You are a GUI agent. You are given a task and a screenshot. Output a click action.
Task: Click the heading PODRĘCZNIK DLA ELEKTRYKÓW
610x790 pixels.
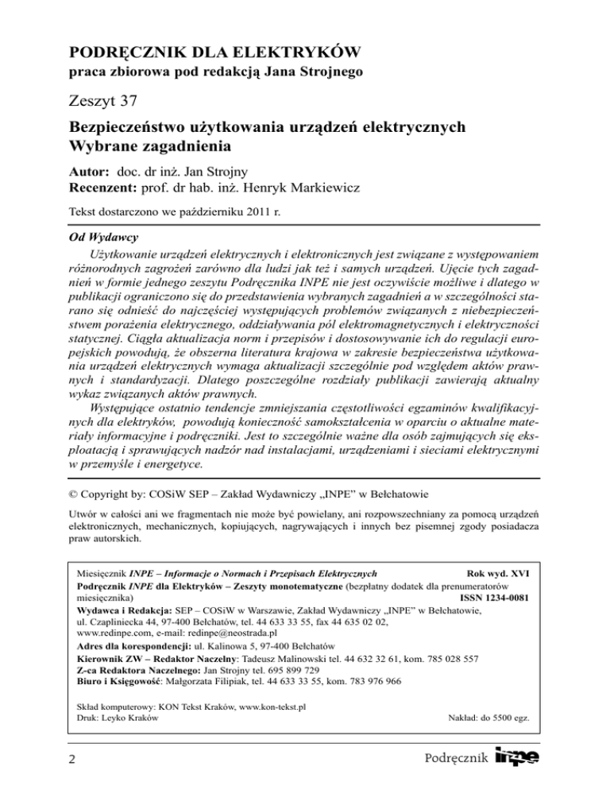coord(217,54)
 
